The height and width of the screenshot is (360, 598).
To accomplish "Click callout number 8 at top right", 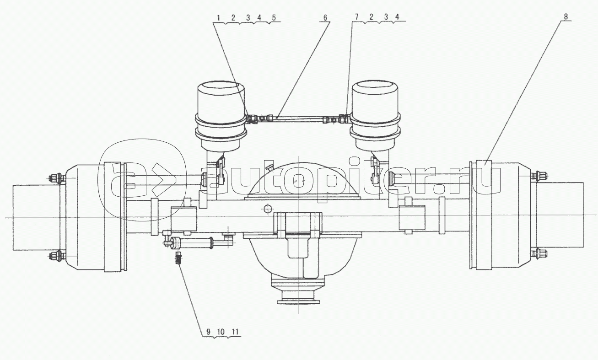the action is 566,16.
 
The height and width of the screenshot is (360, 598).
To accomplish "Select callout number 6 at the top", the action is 325,18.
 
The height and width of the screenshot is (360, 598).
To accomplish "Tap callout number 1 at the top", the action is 218,18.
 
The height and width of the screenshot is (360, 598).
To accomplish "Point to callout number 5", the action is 274,18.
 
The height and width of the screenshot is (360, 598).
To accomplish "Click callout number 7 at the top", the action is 356,17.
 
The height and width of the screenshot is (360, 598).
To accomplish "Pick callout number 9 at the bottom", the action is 208,332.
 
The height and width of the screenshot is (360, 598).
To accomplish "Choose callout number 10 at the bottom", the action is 221,332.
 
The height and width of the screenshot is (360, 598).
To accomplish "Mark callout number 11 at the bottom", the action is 235,332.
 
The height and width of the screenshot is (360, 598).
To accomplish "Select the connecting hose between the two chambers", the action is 297,119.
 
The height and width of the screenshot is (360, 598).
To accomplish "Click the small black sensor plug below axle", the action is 178,258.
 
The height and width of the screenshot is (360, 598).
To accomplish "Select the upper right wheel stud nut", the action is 538,176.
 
